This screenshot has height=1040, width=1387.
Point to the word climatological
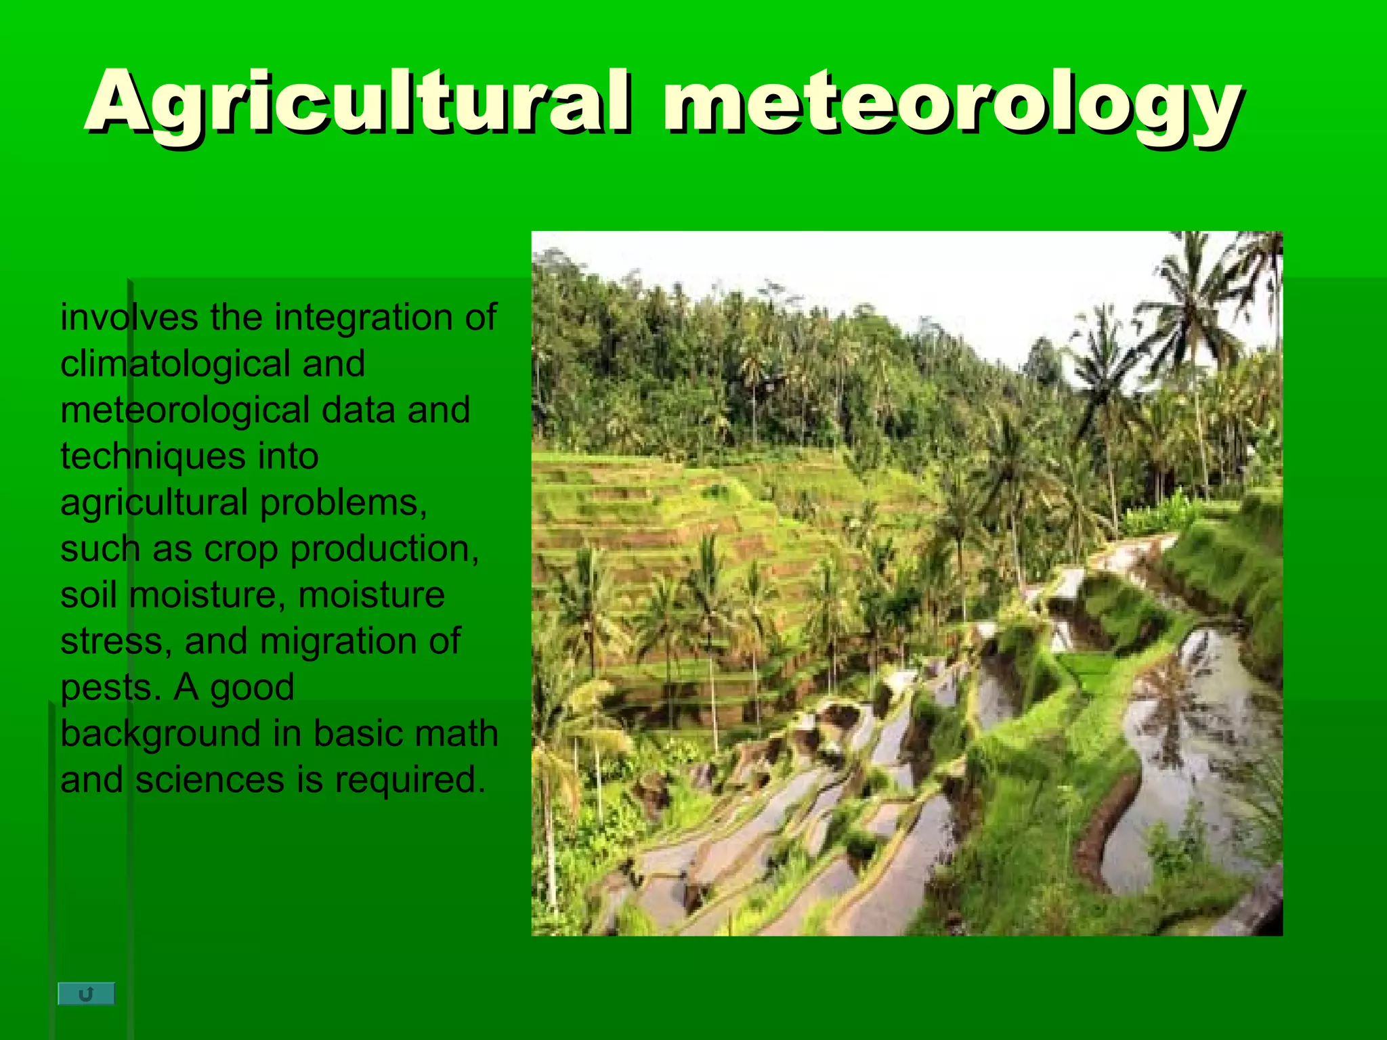point(175,364)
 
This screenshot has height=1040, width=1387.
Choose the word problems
point(343,502)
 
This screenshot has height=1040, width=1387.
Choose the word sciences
point(210,779)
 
